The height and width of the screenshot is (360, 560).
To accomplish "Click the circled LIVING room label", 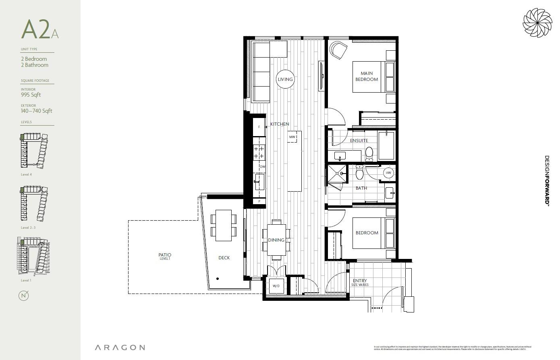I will click(x=285, y=79).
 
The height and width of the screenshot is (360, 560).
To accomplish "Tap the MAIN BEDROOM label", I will click(x=367, y=77).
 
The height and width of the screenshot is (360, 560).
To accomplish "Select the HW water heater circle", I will click(x=388, y=173).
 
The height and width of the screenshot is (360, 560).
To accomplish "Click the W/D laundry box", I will click(x=276, y=286).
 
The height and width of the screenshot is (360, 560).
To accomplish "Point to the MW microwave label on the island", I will click(x=292, y=137).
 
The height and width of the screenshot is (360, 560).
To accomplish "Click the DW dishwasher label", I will click(x=262, y=167).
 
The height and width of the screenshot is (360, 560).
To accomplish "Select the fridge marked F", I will click(x=259, y=127).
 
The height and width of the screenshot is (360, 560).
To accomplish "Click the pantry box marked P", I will click(x=259, y=201).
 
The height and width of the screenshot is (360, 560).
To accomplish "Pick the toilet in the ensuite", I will click(x=369, y=154).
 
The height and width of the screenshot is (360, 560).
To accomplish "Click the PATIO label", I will click(x=165, y=256).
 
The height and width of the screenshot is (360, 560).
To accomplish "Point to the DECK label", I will click(x=224, y=258).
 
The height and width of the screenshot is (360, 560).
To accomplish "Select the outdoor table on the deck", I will click(x=224, y=226).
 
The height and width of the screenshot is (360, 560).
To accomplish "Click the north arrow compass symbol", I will click(x=24, y=296).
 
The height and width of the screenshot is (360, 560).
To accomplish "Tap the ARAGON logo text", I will click(x=120, y=348).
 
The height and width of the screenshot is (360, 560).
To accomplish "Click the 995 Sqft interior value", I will click(x=31, y=95).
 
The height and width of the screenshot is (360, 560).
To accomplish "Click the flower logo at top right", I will click(x=537, y=23).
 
